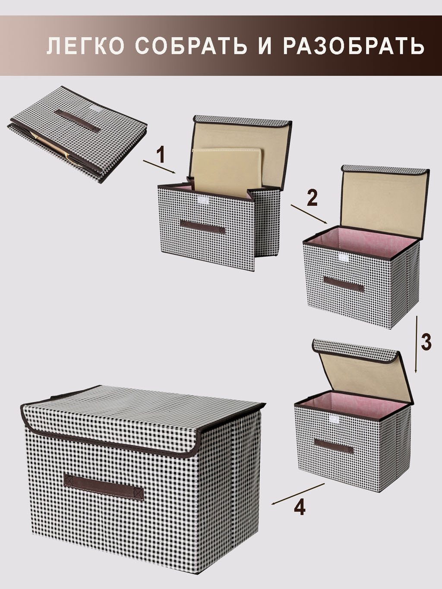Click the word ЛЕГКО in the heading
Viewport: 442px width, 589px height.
(x=85, y=46)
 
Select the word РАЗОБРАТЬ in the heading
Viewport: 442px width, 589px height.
(x=354, y=46)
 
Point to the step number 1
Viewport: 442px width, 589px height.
(x=161, y=155)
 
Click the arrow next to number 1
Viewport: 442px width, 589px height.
(x=159, y=167)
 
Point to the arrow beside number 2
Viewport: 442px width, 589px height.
(x=309, y=214)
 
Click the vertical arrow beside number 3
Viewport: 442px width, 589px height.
(x=416, y=344)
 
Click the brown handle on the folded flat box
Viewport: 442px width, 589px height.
(x=78, y=121)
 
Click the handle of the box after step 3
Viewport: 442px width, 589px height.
(x=334, y=446)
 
